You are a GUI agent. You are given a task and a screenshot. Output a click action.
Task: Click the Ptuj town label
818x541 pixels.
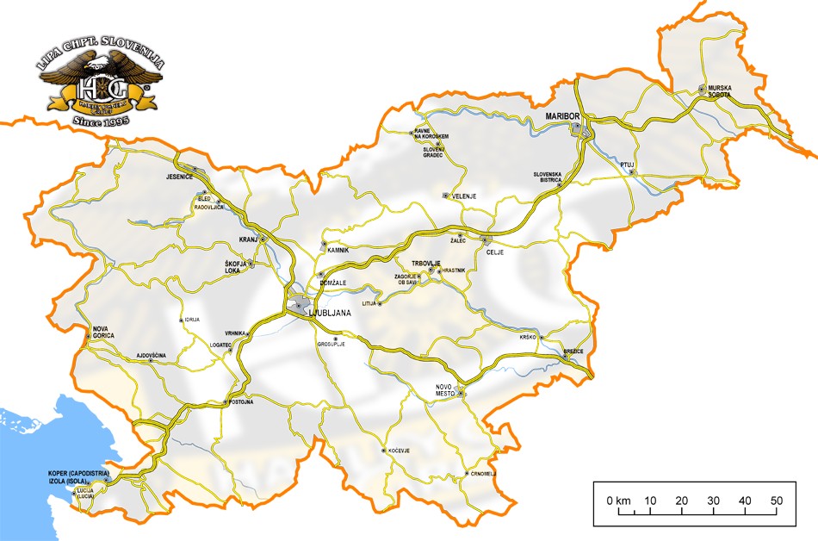[628, 164]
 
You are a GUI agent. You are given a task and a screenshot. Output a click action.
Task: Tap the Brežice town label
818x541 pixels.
[573, 351]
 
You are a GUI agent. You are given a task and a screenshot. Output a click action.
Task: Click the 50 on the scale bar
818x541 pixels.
[776, 501]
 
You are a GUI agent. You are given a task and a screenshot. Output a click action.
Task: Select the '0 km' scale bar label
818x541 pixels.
[618, 501]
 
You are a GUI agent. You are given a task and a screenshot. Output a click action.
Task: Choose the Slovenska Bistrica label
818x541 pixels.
[548, 177]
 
